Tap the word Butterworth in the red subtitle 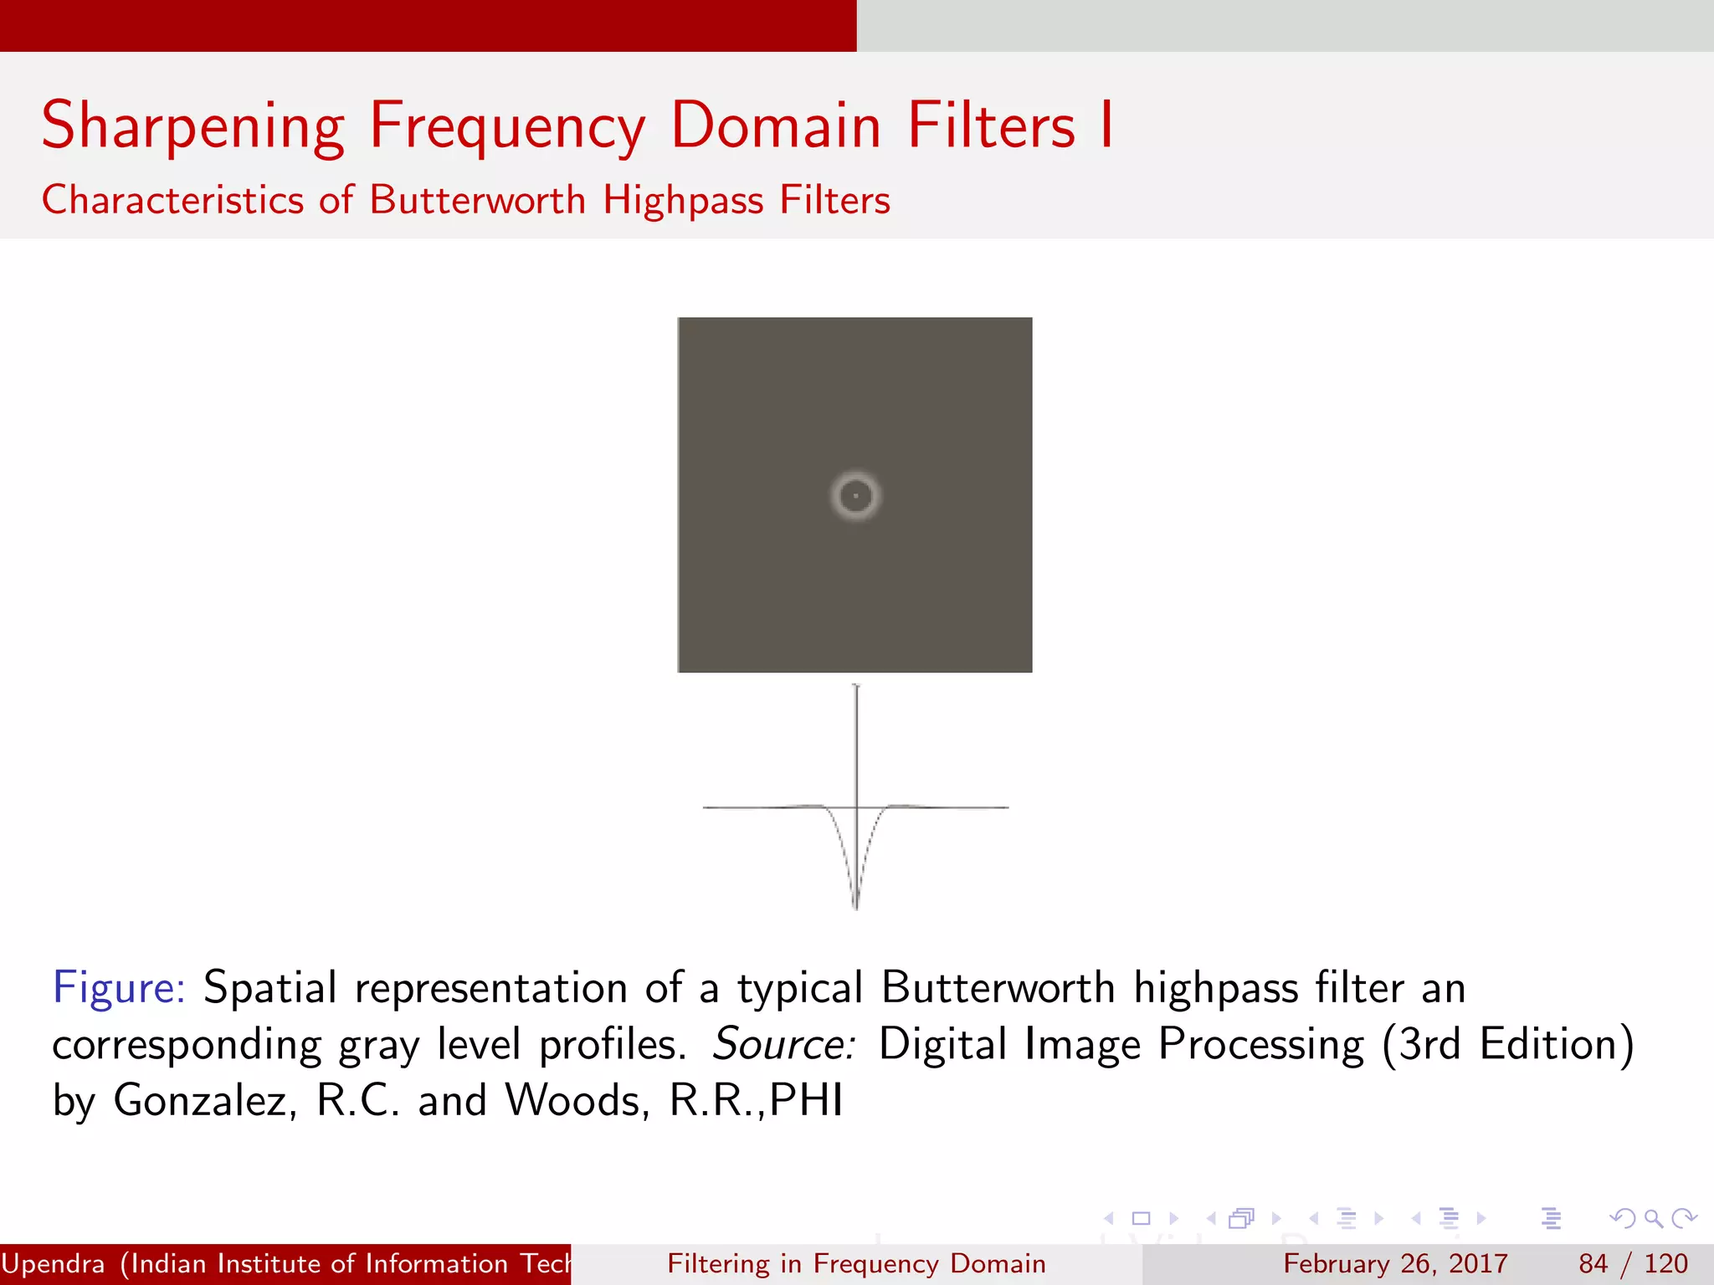477,200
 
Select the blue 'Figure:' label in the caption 119,987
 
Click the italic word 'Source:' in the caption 783,1044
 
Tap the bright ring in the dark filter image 855,478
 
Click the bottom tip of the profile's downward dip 855,907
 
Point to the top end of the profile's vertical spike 855,687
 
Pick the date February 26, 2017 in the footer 1395,1263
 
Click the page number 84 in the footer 1593,1263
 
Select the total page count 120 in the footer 1665,1263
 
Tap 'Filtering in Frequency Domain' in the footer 856,1263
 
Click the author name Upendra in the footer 54,1263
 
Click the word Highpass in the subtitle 683,200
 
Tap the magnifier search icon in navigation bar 1653,1218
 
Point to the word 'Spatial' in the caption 269,987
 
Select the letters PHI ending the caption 806,1100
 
